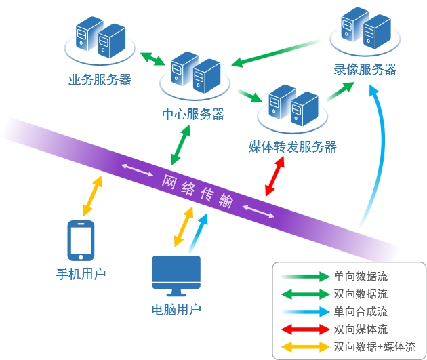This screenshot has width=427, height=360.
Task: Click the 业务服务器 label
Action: coord(100,80)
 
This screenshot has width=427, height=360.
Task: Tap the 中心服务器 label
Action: coord(193,115)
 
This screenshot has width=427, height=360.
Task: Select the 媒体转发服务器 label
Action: coord(293,146)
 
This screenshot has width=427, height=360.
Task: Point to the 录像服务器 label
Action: coord(365,69)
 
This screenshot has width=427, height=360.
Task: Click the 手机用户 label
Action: coord(81,274)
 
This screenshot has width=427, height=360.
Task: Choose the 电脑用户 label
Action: coord(176,310)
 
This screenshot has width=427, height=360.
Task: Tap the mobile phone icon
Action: coord(81,241)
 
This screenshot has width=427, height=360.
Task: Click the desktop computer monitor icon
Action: coord(176,276)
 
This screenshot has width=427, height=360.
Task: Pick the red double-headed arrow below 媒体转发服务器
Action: coord(275,176)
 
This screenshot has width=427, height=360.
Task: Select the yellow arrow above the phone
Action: coord(93,196)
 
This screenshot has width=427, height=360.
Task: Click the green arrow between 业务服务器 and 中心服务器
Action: coord(152,59)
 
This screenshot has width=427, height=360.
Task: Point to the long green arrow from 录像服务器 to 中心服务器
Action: coord(276,54)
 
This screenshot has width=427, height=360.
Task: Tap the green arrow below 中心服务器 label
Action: coord(180,145)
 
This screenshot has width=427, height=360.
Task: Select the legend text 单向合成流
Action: coord(361,312)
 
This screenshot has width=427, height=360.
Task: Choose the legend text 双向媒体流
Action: coord(361,329)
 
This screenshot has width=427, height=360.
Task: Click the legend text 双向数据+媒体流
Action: coord(375,347)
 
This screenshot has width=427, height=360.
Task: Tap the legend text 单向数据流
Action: coord(361,277)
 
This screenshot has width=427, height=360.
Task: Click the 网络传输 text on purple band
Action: coord(197,191)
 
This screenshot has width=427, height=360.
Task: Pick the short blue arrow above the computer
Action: coord(198,233)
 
